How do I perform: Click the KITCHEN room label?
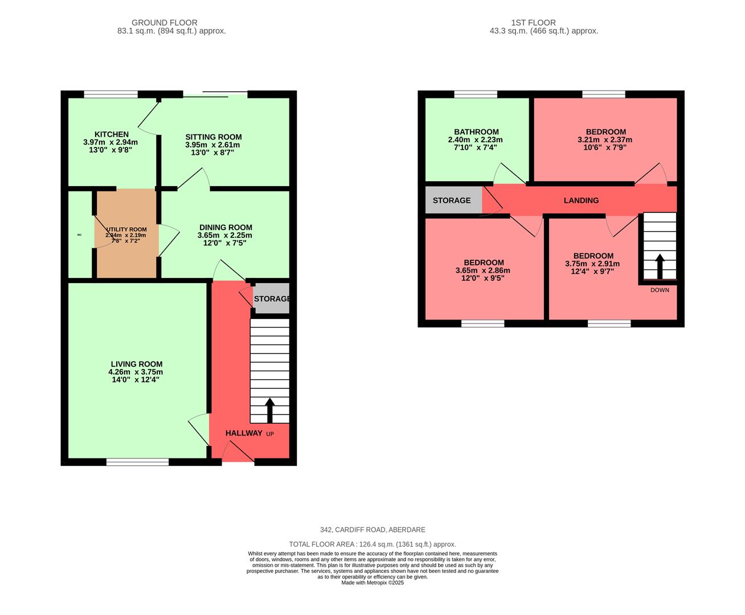pos(111,134)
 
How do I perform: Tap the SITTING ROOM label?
pos(213,137)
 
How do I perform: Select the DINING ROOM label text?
pos(225,227)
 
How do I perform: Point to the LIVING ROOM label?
pos(136,364)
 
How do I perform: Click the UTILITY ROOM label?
pos(126,229)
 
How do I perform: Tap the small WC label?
pos(80,235)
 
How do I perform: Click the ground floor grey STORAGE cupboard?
pos(272,298)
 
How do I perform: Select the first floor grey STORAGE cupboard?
pos(452,200)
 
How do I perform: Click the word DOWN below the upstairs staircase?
pos(660,290)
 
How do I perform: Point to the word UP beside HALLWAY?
pos(270,434)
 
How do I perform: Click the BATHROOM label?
pos(476,132)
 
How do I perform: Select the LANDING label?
pos(581,200)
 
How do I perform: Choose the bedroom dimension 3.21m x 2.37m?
pos(604,140)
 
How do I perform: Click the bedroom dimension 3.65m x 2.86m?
pos(482,270)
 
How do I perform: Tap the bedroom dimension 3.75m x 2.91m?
pos(592,264)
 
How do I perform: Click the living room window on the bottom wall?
pos(137,462)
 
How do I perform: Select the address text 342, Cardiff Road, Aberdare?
pos(372,530)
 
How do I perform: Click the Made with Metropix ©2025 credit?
pos(372,583)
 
